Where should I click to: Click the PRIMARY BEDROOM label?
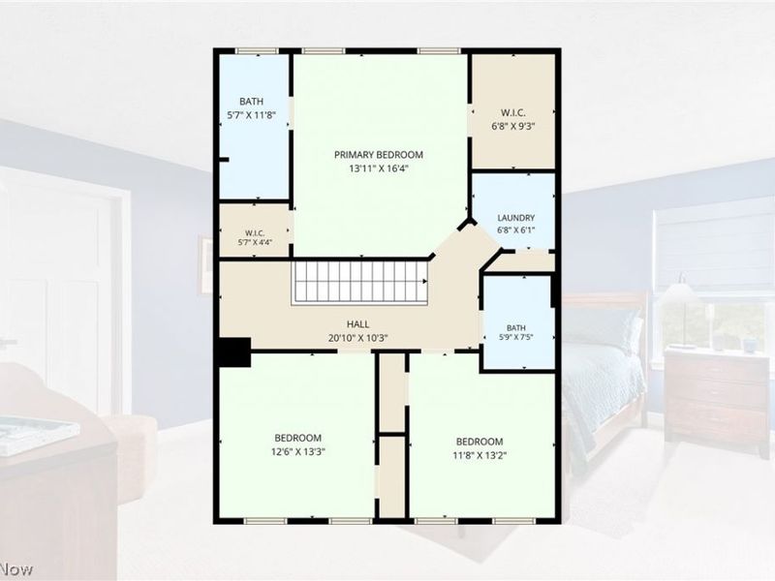(379, 155)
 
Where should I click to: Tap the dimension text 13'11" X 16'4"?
(379, 168)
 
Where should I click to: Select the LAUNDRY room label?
(516, 218)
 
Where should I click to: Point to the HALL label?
(357, 324)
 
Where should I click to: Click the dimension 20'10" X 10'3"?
(357, 338)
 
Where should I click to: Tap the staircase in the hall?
(359, 282)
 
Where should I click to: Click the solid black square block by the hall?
(234, 352)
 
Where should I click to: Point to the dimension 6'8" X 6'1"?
(516, 229)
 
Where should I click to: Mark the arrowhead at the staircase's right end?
(425, 282)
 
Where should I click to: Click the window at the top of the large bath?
(257, 51)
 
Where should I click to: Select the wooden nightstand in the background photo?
(716, 401)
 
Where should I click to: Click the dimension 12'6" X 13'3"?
(298, 451)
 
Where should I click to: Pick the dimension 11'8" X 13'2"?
(480, 455)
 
